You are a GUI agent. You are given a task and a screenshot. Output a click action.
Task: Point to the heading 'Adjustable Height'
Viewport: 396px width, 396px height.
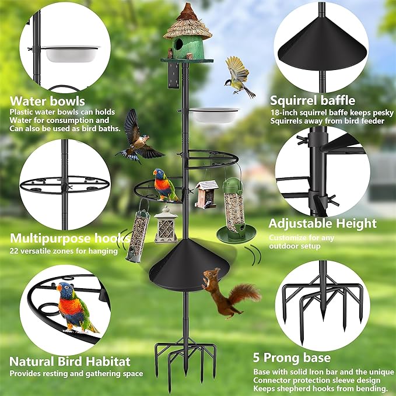(322, 223)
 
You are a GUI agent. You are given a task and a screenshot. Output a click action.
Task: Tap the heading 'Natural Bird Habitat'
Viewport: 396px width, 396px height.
(69, 362)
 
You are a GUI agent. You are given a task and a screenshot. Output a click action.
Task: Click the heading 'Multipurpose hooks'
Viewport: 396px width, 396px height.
(69, 238)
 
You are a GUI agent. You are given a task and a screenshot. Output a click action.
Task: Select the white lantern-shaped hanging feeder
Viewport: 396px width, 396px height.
(166, 225)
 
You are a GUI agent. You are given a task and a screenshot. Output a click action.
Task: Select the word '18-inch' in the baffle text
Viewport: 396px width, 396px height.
(283, 113)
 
